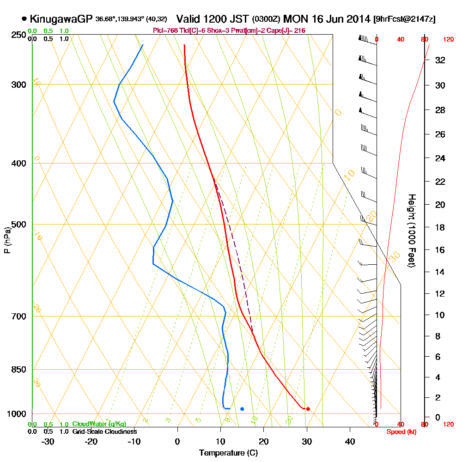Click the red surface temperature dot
[x=308, y=408]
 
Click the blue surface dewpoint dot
[x=242, y=409]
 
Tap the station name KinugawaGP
[x=61, y=19]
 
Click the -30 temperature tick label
[x=48, y=441]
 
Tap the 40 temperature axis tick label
[x=350, y=441]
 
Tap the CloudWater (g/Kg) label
[x=99, y=424]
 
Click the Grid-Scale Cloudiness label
[x=104, y=432]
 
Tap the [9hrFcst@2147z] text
[x=406, y=19]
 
